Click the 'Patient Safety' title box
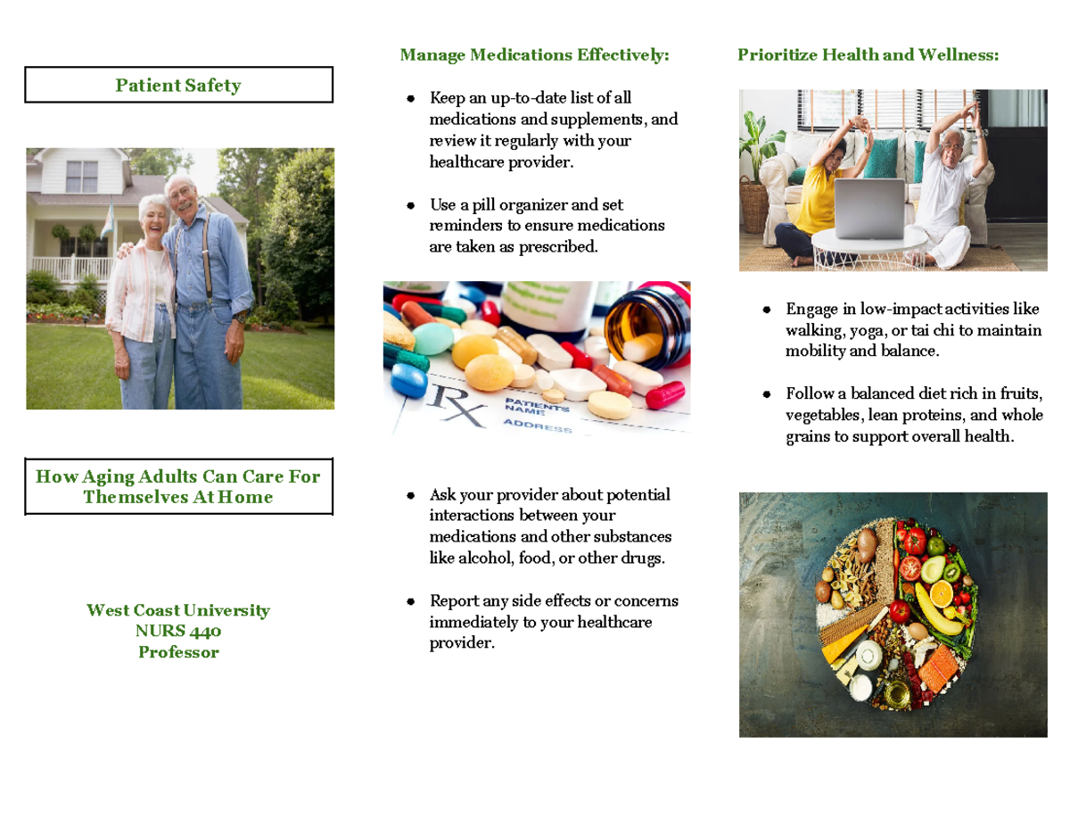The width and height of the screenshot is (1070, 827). (x=178, y=86)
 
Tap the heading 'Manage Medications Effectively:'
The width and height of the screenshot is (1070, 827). (x=534, y=55)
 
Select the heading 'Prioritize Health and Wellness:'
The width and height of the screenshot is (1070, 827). (x=868, y=55)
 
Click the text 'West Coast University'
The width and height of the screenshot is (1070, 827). (x=178, y=611)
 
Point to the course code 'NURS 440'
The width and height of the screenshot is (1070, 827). (x=178, y=632)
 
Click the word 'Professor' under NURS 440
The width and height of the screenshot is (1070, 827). (x=178, y=652)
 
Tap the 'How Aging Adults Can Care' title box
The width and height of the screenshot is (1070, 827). (x=178, y=486)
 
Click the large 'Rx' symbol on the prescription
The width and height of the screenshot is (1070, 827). (x=456, y=406)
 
